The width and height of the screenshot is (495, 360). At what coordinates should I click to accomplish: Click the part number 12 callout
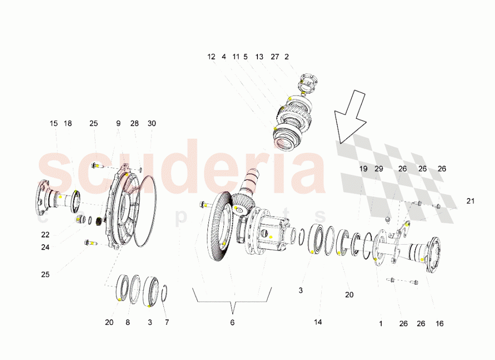click(x=211, y=57)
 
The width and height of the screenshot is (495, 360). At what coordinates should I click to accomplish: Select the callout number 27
click(x=275, y=57)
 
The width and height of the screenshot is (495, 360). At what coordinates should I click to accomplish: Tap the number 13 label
click(x=259, y=57)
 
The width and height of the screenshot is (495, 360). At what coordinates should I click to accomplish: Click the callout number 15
click(x=53, y=123)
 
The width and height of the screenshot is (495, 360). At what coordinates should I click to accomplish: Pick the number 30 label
click(x=151, y=123)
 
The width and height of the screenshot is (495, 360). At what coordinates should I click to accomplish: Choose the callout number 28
click(x=135, y=123)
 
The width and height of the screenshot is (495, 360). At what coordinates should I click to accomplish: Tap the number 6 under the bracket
click(x=232, y=322)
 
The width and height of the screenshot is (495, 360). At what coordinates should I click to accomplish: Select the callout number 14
click(x=318, y=322)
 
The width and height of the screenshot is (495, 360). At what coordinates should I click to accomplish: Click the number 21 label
click(x=470, y=201)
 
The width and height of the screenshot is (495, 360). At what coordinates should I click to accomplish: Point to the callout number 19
click(x=363, y=169)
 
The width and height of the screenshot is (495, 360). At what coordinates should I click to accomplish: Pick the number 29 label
click(x=379, y=169)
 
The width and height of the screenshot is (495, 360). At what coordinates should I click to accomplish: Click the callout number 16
click(x=440, y=324)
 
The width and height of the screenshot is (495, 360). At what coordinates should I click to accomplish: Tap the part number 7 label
click(x=167, y=322)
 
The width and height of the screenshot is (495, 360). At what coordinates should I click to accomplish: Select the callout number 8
click(x=127, y=322)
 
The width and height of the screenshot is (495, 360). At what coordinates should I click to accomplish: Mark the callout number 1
click(x=381, y=324)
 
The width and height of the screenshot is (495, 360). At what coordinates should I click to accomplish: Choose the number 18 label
click(x=68, y=123)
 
